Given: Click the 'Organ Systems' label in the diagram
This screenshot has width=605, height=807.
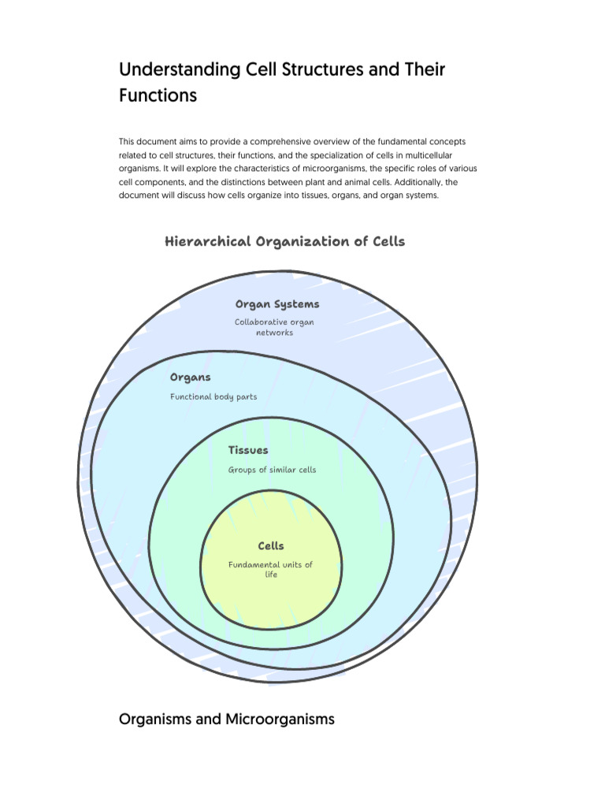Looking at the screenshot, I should click(277, 304).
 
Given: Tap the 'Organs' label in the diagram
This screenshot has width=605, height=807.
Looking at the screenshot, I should click(191, 377).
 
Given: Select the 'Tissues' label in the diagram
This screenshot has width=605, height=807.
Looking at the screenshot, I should click(248, 450).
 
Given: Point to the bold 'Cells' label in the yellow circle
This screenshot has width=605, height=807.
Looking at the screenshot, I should click(271, 545).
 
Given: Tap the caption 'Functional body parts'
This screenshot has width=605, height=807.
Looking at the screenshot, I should click(213, 396).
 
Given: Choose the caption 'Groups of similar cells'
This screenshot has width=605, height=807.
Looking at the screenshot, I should click(272, 470).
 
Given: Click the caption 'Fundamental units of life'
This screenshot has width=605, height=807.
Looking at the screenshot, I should click(271, 569).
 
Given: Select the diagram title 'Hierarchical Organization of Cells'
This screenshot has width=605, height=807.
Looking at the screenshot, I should click(284, 241).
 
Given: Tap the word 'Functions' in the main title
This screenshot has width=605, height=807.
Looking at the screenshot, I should click(158, 96).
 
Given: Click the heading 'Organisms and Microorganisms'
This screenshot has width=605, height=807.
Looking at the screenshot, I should click(226, 719).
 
